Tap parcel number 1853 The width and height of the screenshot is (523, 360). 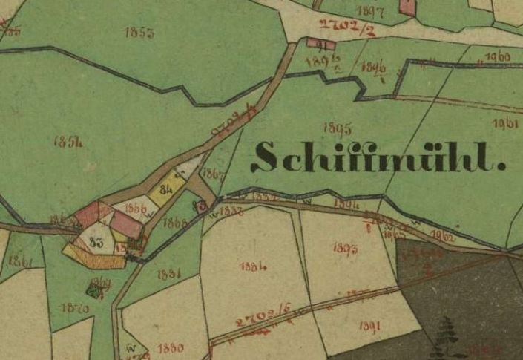tap(139, 33)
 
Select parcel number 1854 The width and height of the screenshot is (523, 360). tap(68, 142)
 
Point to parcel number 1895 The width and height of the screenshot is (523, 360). tap(338, 127)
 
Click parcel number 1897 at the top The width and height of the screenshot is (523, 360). tap(369, 10)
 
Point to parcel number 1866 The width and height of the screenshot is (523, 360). tap(136, 208)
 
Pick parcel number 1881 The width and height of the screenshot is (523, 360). tap(169, 274)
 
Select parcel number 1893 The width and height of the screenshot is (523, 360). tap(345, 249)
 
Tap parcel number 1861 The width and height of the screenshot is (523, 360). tap(22, 261)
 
